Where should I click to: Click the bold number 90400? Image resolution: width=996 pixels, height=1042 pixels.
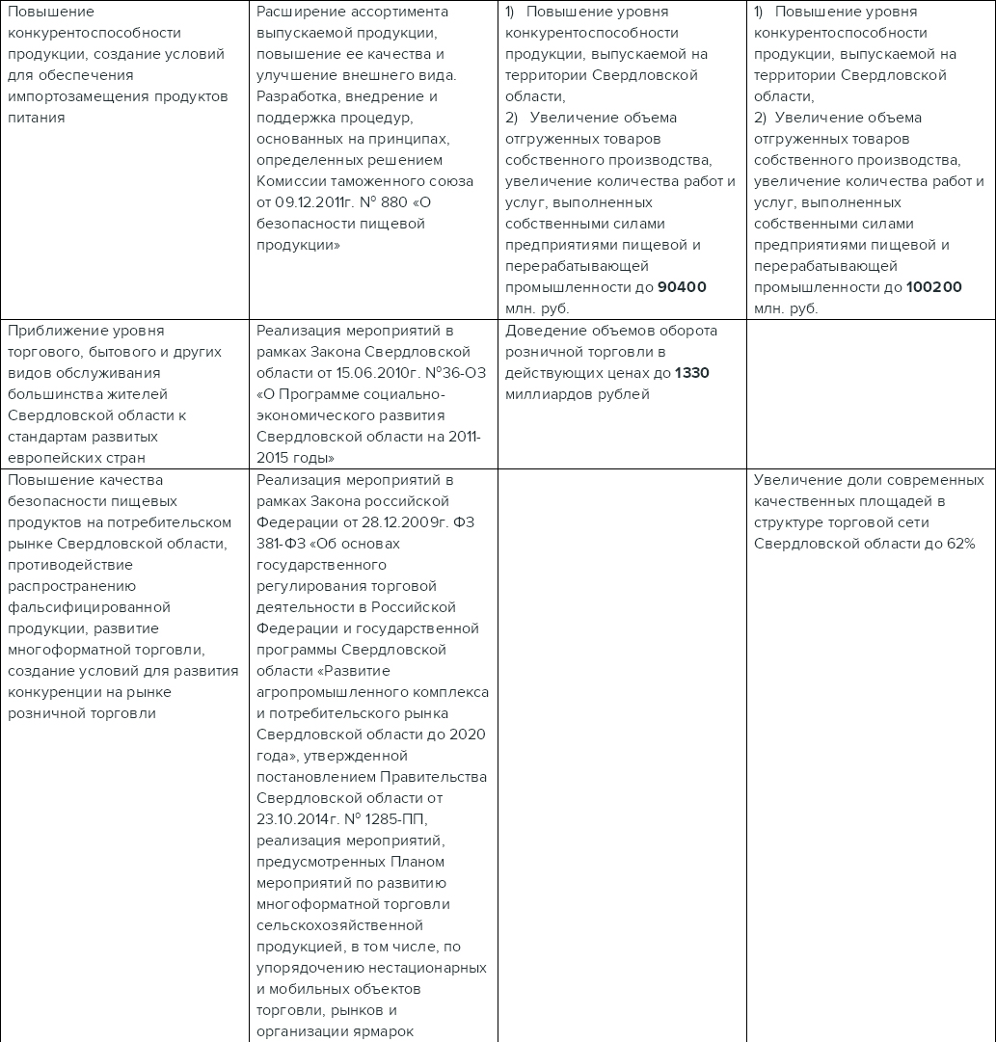[x=682, y=287]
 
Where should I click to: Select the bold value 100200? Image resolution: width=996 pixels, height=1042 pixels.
[x=933, y=287]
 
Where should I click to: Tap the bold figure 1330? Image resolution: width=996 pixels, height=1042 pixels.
[x=691, y=373]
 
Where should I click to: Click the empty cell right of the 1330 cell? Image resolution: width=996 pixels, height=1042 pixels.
[x=871, y=394]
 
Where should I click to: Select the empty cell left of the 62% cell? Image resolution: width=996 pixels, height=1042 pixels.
[x=621, y=752]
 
